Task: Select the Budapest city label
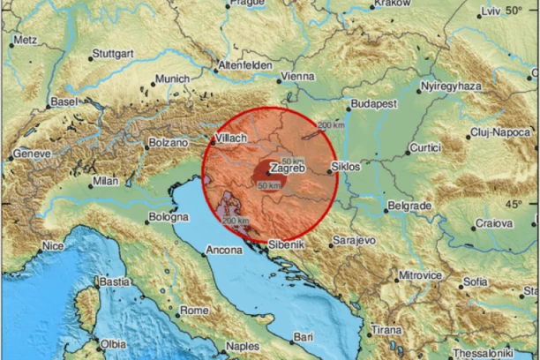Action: [x=371, y=103]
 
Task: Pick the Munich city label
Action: [x=172, y=79]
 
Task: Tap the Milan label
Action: [x=105, y=182]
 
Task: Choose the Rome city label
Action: [x=193, y=310]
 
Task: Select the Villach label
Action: [x=233, y=138]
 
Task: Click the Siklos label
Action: [x=345, y=166]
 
